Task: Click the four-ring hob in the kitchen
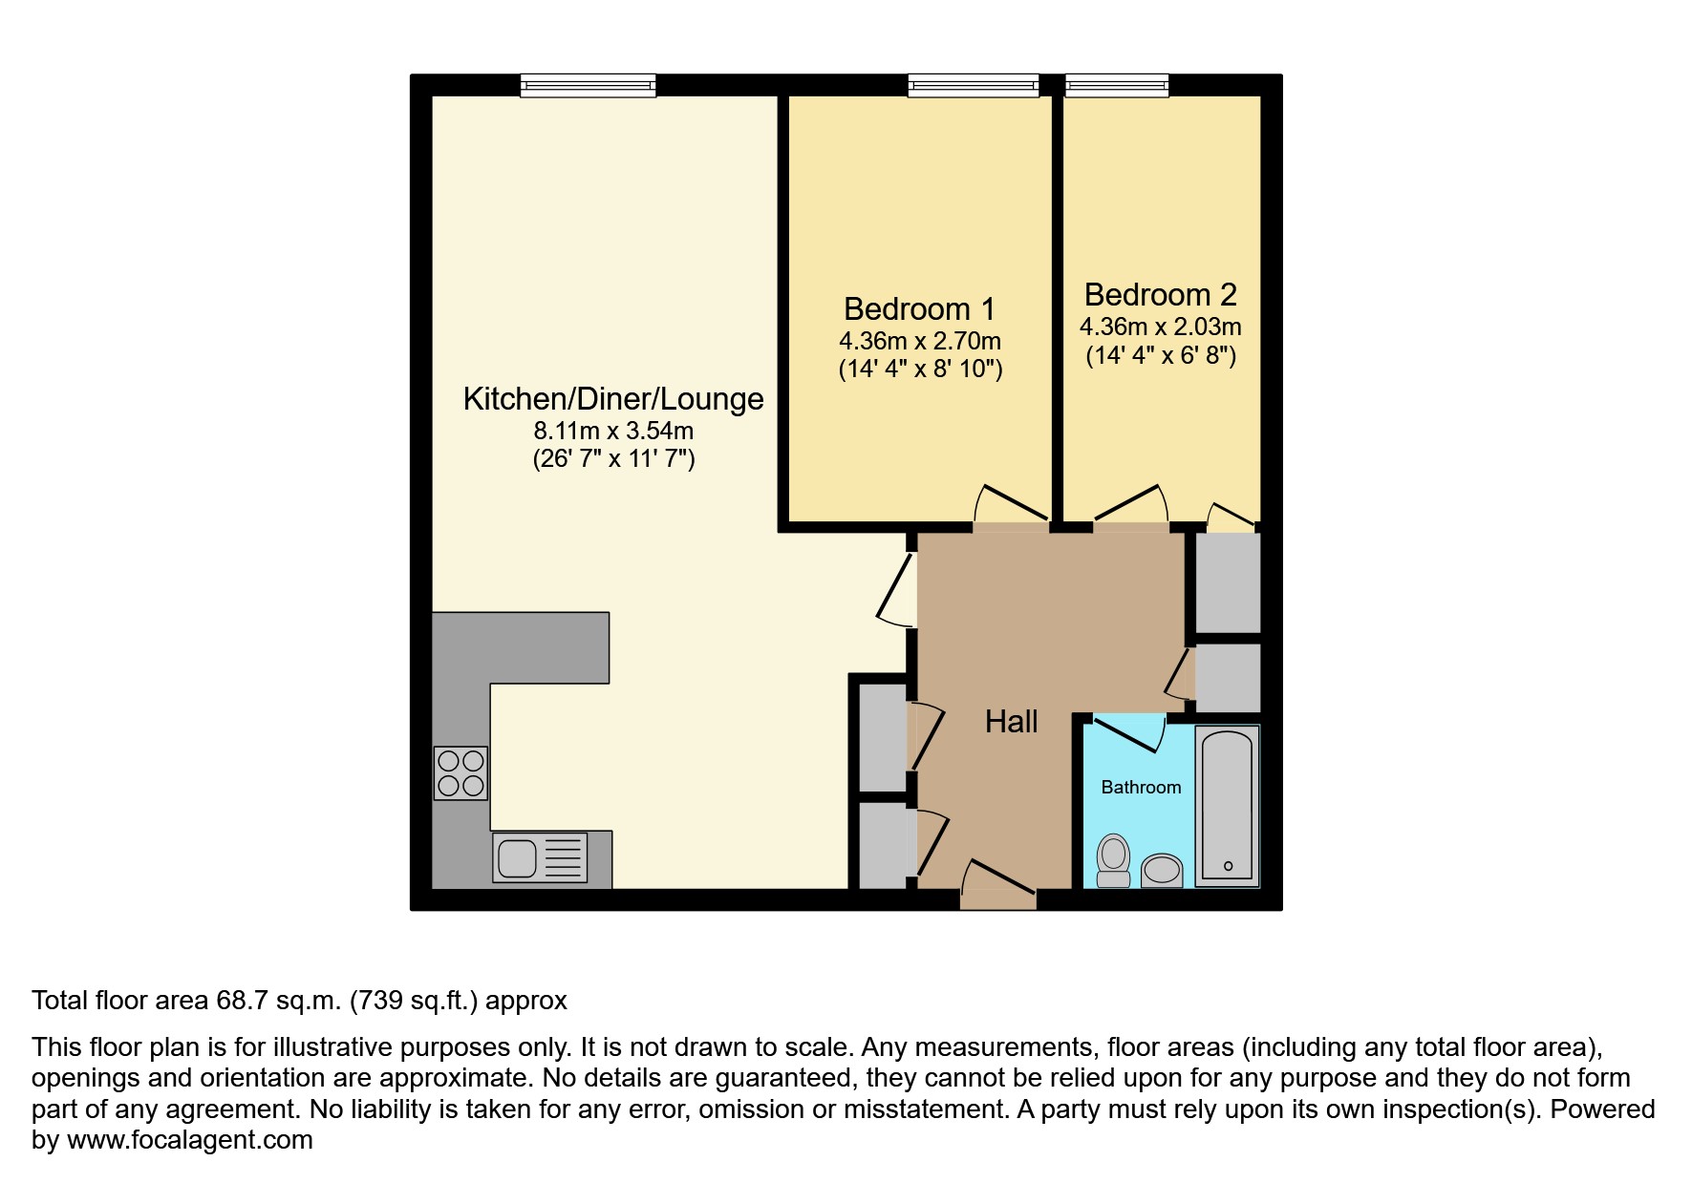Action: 460,772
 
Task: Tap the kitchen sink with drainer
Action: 540,856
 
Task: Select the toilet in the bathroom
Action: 1113,861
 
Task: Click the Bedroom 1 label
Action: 919,308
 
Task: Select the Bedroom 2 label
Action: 1160,294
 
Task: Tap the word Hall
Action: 1011,722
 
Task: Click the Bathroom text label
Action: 1141,788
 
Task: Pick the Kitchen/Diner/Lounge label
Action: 613,398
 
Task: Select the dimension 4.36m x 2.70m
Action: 919,341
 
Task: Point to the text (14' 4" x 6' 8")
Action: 1160,356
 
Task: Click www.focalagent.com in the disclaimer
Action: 189,1140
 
